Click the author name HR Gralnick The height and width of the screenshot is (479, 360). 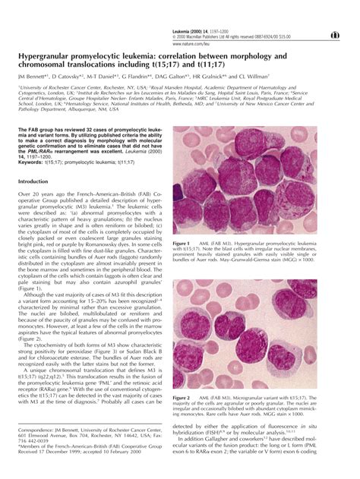click(x=207, y=77)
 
